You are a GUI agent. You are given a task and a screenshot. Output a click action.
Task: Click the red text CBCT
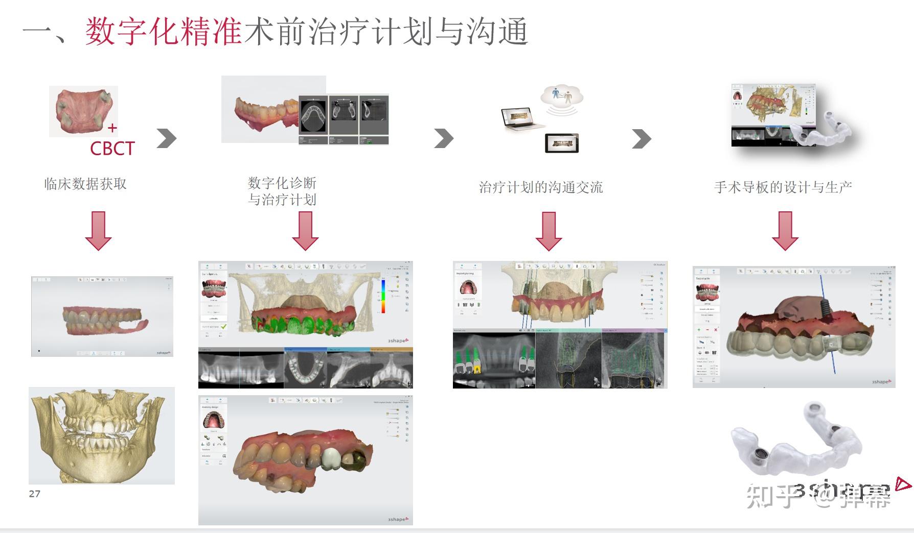coord(112,149)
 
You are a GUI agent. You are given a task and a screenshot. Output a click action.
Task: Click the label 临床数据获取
coord(85,184)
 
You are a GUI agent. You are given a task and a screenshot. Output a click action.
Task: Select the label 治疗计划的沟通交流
coord(541,187)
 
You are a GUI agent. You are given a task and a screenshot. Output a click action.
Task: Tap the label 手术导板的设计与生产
coord(783,187)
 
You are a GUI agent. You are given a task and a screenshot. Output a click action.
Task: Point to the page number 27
coord(34,494)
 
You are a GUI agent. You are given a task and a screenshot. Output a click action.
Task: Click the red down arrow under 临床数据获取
coord(98,231)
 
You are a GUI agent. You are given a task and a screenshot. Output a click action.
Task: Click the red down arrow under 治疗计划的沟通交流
coord(549,231)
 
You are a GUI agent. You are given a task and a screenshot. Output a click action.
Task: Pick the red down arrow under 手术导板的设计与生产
coord(785,231)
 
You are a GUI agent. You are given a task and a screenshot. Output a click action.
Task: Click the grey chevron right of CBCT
coord(167,138)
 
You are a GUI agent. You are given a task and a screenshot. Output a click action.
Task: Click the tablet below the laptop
coord(562,143)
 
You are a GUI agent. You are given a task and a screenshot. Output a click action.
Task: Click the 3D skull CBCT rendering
coord(101,435)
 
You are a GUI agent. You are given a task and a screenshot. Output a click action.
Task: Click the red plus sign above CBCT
coord(112,128)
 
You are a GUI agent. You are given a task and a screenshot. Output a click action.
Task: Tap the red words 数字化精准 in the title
coord(164,32)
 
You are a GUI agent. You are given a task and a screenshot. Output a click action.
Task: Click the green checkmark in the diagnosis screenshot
coord(223,326)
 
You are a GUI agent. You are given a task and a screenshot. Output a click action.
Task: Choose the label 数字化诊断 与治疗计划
coord(282,191)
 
